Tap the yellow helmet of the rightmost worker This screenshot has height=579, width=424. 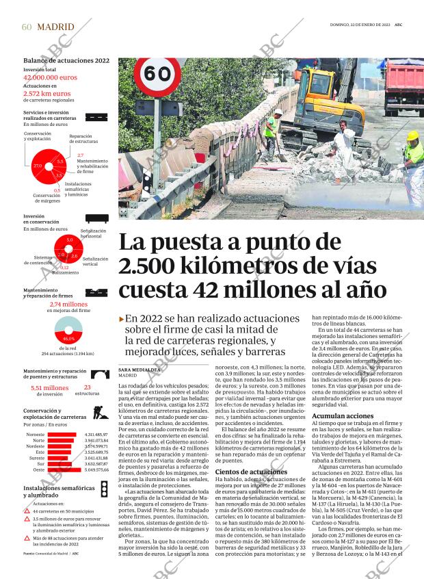pyautogui.click(x=412, y=136)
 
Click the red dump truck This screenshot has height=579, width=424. pyautogui.click(x=403, y=88)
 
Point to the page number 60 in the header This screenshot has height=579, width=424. pyautogui.click(x=27, y=27)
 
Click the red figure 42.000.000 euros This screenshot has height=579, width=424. pyautogui.click(x=50, y=78)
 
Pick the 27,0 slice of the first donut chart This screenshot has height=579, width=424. pyautogui.click(x=38, y=166)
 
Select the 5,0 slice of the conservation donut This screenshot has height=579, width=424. pyautogui.click(x=69, y=240)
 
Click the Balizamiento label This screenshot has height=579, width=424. pyautogui.click(x=65, y=272)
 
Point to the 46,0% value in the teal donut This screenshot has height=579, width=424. pyautogui.click(x=68, y=338)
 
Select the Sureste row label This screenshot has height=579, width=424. pyautogui.click(x=36, y=458)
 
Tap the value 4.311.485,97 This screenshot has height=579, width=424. pyautogui.click(x=96, y=435)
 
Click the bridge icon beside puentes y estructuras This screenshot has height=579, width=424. pyautogui.click(x=102, y=374)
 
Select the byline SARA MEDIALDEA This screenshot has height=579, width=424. pyautogui.click(x=139, y=369)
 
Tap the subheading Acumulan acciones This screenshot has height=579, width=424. pyautogui.click(x=343, y=416)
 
